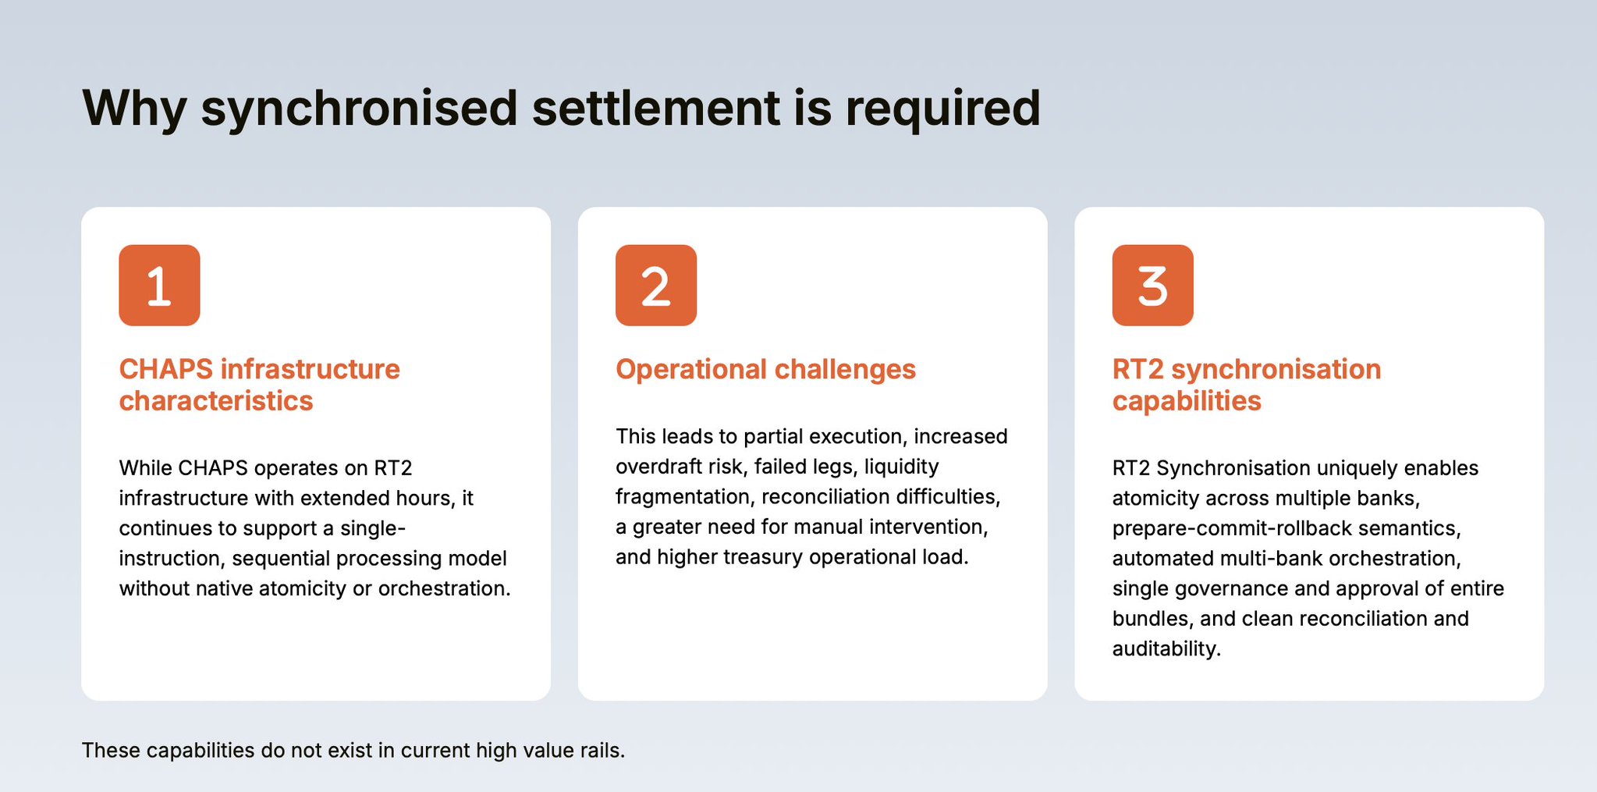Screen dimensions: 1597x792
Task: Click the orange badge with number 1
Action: click(x=159, y=285)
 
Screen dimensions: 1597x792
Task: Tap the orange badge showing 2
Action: click(x=656, y=285)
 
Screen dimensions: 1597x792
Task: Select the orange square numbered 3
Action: click(x=1153, y=285)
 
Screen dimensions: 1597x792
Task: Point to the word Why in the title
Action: click(x=134, y=109)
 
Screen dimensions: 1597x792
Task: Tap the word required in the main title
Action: click(x=943, y=109)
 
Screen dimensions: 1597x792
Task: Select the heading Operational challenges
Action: click(x=765, y=369)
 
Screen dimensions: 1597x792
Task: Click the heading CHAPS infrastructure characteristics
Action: click(x=259, y=385)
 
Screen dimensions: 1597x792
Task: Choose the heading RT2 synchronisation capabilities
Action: click(x=1247, y=385)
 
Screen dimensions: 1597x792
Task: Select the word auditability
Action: click(x=1166, y=649)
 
